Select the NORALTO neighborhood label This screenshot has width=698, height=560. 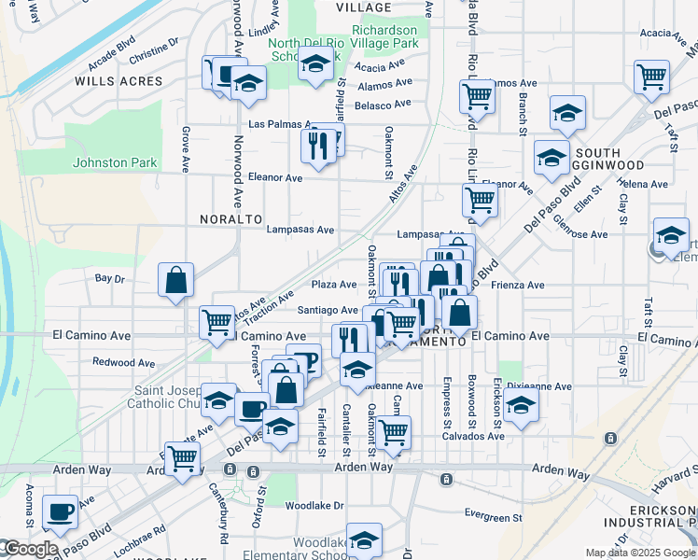230,218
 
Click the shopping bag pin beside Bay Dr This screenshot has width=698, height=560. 175,280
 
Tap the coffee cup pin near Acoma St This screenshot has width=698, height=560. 61,512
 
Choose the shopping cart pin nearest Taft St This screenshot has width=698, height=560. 651,77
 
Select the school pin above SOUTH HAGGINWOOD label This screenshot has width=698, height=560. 567,114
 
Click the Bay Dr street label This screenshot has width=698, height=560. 110,278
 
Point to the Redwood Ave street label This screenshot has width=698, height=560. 123,362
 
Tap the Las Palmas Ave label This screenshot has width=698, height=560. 279,124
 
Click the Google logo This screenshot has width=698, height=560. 30,550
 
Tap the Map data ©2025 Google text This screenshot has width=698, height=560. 639,553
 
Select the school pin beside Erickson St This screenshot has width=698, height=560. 522,406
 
